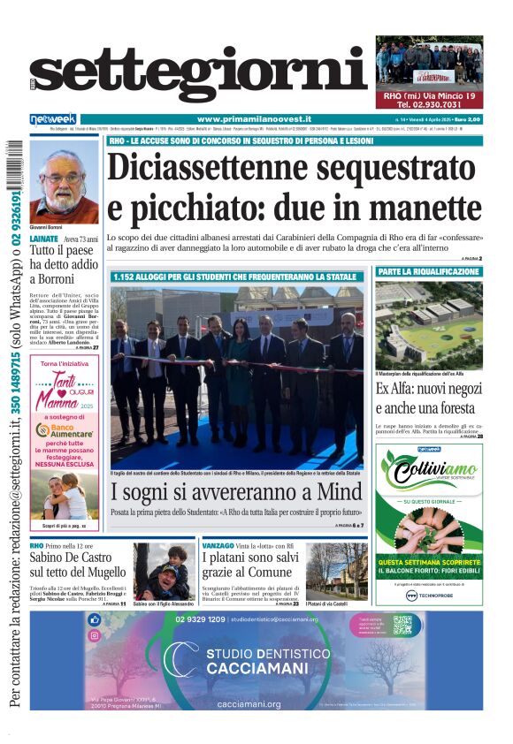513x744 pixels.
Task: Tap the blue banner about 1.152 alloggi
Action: (x=235, y=277)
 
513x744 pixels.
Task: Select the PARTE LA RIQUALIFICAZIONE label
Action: (x=429, y=271)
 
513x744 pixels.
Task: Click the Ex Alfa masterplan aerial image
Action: (x=429, y=323)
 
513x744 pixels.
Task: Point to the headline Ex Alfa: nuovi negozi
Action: (x=429, y=399)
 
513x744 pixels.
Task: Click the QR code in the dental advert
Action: (x=402, y=625)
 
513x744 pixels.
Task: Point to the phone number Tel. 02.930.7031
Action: (x=429, y=104)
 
